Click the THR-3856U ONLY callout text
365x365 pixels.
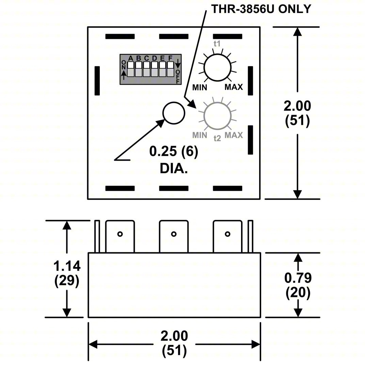pos(261,9)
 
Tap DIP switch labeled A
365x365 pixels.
pos(130,68)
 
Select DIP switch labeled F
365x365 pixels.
pos(171,68)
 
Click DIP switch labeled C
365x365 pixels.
pos(146,68)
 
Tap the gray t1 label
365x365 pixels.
pos(217,44)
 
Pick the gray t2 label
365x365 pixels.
pos(217,138)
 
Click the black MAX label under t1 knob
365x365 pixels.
pos(234,87)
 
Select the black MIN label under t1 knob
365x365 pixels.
pos(200,87)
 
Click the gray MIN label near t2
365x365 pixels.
pos(200,135)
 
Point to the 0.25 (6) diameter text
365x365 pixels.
pos(173,152)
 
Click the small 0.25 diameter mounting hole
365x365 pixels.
pos(174,113)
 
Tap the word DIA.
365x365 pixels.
pos(174,168)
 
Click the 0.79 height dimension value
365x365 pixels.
pos(298,278)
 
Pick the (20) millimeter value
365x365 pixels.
pos(298,293)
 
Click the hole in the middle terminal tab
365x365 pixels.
pos(174,234)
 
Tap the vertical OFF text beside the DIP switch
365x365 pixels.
pos(178,77)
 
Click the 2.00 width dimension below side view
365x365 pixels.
pos(174,336)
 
